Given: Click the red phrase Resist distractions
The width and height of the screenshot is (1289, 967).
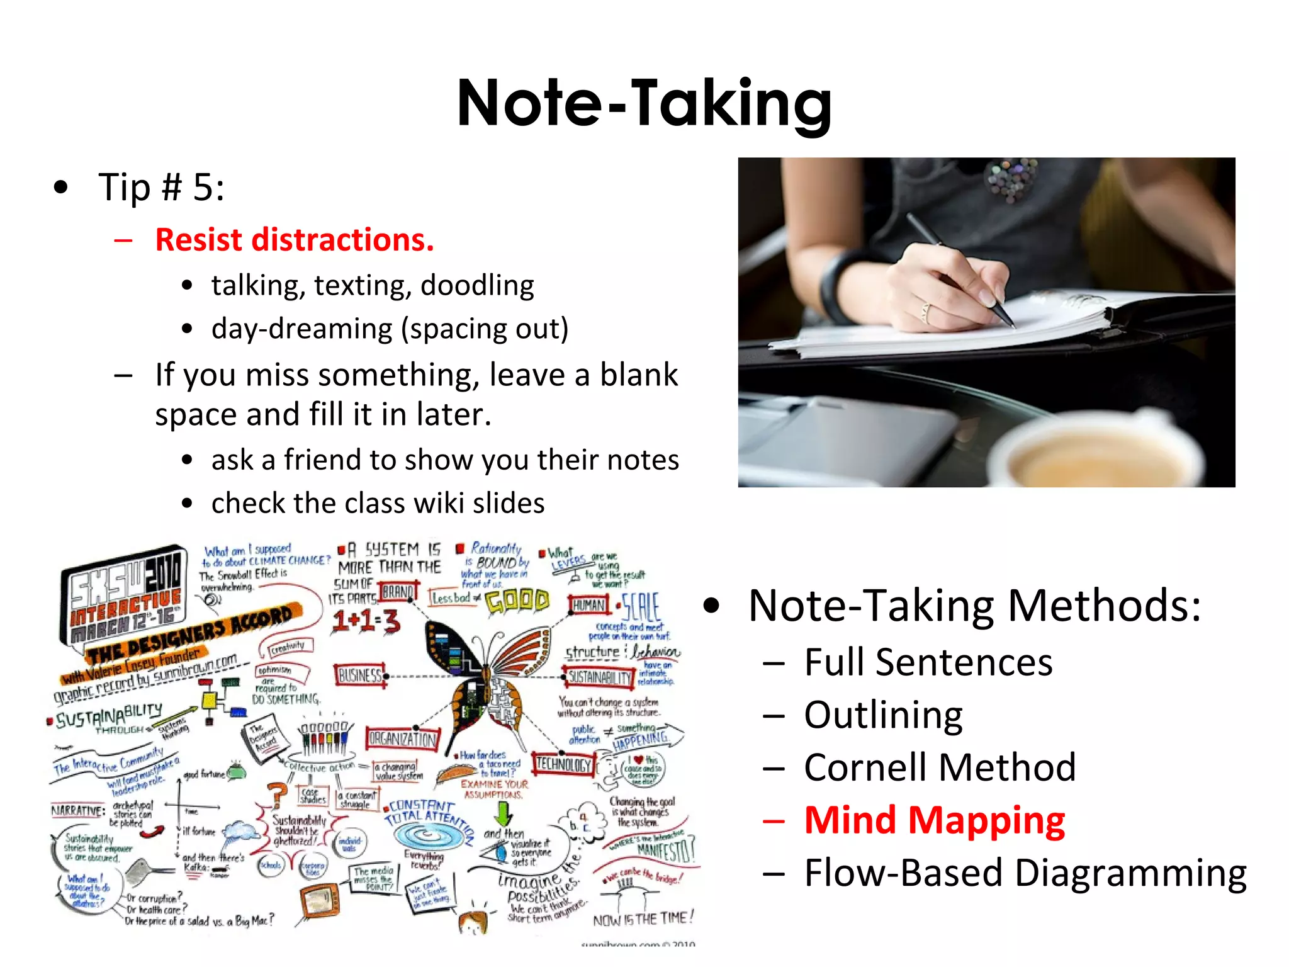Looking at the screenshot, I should pyautogui.click(x=295, y=240).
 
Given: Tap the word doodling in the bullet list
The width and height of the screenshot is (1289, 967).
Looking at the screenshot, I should pyautogui.click(x=477, y=285).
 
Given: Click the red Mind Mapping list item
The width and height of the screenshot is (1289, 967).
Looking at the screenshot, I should pyautogui.click(x=934, y=820).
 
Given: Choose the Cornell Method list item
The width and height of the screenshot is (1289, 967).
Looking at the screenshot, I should pyautogui.click(x=939, y=767).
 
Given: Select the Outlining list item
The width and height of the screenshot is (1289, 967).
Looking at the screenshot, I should pyautogui.click(x=883, y=715).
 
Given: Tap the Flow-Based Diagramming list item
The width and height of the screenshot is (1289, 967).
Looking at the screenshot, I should pyautogui.click(x=1025, y=873).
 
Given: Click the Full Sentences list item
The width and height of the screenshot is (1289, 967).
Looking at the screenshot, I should pyautogui.click(x=928, y=662).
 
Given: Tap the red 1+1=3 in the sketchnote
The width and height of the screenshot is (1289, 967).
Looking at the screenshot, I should pyautogui.click(x=366, y=622).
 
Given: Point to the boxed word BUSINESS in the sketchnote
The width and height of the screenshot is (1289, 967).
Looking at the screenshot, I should pyautogui.click(x=360, y=676).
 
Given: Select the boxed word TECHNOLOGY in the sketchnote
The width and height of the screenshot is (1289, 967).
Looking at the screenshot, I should pyautogui.click(x=563, y=764).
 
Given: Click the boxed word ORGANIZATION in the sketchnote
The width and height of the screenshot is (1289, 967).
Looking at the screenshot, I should pyautogui.click(x=402, y=738).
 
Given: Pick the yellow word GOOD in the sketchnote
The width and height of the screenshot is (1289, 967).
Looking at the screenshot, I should pyautogui.click(x=517, y=601).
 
